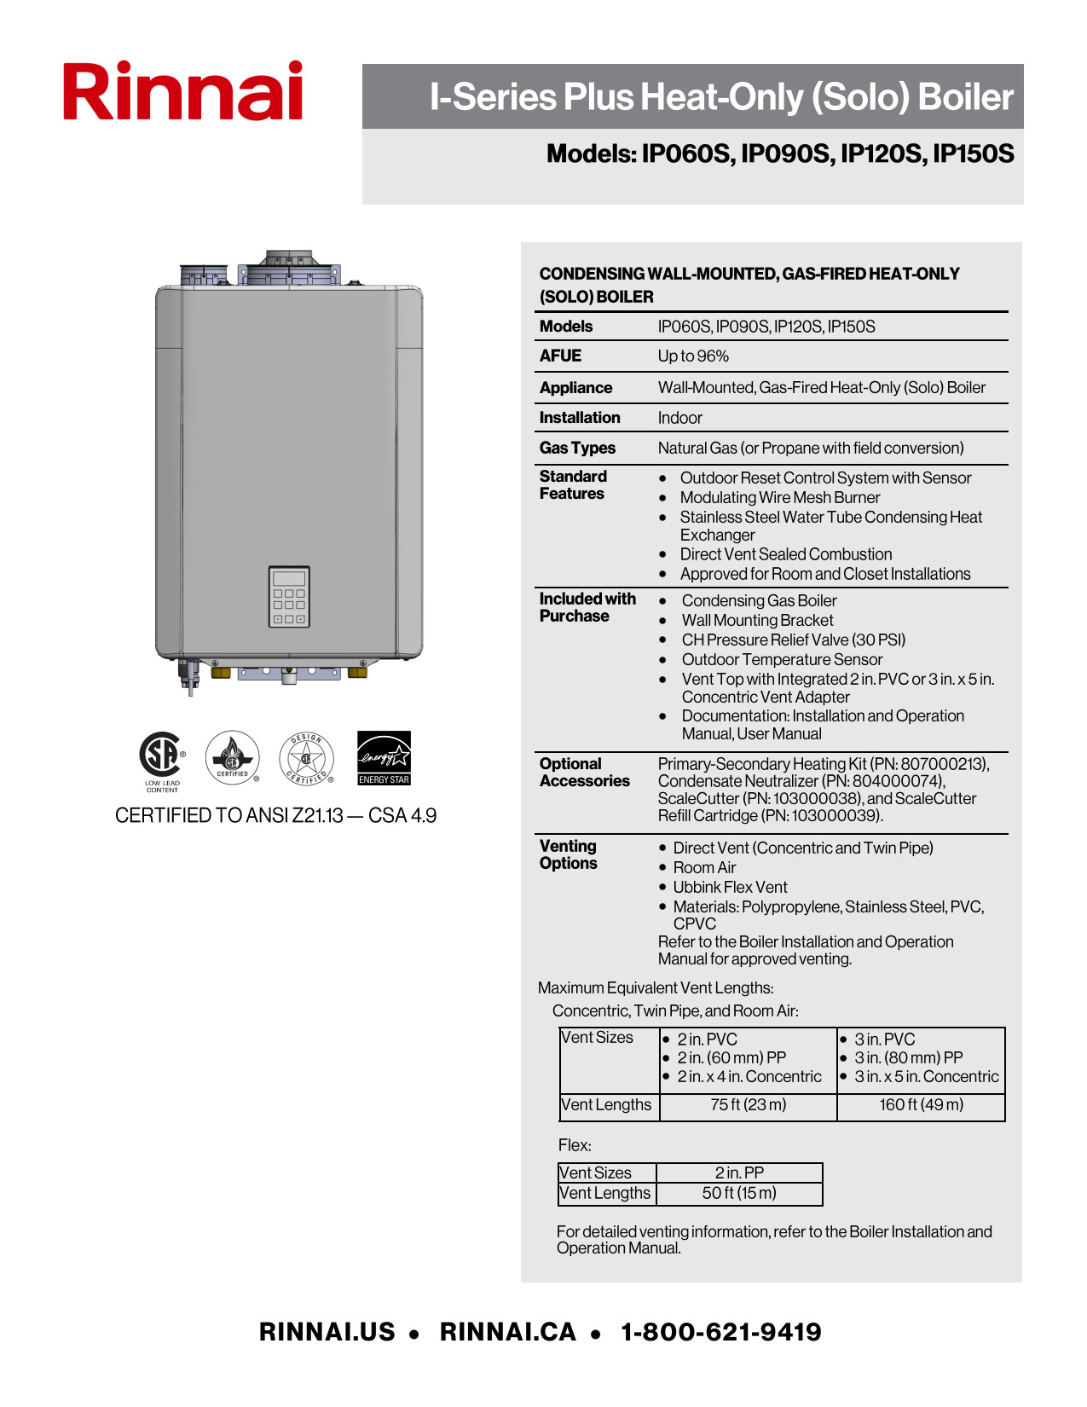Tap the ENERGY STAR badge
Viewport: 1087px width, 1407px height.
coord(384,757)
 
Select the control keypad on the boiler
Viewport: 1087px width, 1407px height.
coord(289,597)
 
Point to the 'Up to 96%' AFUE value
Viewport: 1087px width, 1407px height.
coord(693,356)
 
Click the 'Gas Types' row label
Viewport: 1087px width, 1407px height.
coord(577,448)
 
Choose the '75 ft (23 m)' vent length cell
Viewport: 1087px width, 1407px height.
coord(749,1105)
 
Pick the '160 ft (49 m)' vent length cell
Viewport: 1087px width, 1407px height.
coord(922,1105)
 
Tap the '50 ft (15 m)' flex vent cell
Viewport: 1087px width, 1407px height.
coord(739,1193)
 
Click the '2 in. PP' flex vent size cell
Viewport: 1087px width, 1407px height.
coord(739,1173)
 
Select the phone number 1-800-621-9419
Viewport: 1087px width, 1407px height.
coord(721,1332)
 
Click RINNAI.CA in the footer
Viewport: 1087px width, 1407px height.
coord(508,1332)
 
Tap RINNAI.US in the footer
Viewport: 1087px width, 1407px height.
coord(327,1332)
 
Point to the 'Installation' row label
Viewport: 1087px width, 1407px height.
coord(580,418)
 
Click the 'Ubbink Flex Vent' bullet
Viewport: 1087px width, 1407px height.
coord(730,888)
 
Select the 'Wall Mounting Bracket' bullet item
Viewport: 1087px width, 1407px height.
coord(757,621)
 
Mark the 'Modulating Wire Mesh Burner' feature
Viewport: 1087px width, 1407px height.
coord(779,498)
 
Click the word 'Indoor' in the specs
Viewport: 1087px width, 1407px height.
coord(679,418)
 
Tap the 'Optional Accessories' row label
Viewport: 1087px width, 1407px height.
coord(584,773)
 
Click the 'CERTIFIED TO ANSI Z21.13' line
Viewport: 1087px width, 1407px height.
coord(275,816)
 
